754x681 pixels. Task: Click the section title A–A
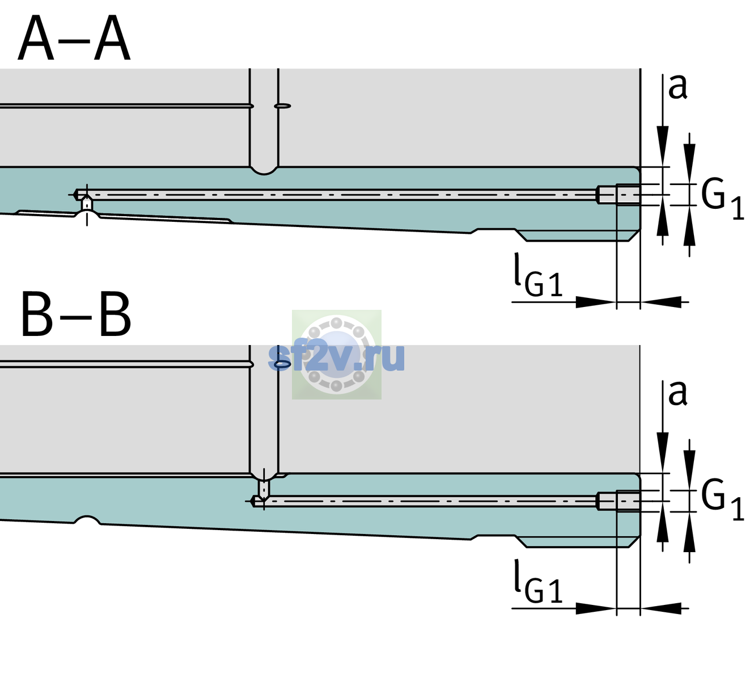(74, 38)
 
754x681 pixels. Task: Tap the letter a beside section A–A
(677, 87)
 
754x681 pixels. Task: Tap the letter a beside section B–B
(677, 393)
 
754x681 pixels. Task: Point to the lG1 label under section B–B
(538, 581)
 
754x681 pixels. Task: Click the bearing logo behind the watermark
(336, 355)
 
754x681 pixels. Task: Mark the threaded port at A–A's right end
(619, 195)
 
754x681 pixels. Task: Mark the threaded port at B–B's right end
(619, 501)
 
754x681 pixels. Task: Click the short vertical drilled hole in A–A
(87, 204)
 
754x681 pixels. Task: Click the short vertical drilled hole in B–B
(264, 488)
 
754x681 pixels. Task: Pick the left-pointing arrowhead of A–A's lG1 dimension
(661, 302)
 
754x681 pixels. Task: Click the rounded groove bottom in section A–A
(264, 170)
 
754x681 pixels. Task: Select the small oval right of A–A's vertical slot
(282, 106)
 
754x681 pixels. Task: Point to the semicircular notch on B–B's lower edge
(87, 519)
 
